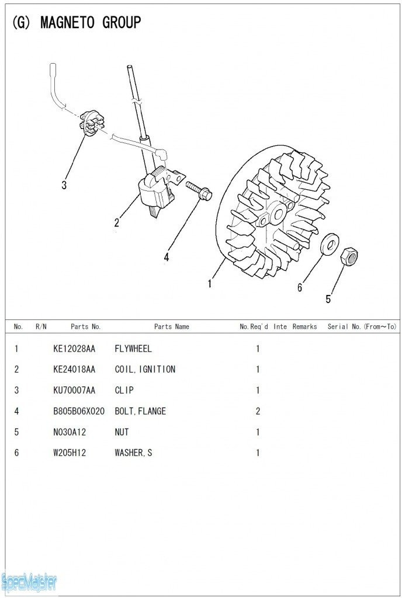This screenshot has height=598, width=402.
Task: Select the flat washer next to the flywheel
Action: click(x=330, y=244)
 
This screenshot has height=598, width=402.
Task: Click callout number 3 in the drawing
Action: click(x=64, y=185)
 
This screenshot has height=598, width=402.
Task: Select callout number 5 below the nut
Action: click(x=328, y=299)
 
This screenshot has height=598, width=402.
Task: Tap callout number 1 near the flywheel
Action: click(x=209, y=284)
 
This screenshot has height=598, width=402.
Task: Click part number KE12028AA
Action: click(x=74, y=349)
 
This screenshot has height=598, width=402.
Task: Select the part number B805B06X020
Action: click(x=78, y=411)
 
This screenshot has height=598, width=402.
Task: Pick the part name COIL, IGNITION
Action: click(x=145, y=369)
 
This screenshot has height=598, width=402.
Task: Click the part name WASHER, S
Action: click(x=133, y=453)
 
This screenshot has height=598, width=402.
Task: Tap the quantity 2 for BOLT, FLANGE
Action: click(x=258, y=411)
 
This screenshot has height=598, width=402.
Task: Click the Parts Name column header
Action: click(x=172, y=326)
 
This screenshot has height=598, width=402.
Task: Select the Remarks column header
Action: click(x=305, y=326)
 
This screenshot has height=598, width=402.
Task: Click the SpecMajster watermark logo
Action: click(x=29, y=582)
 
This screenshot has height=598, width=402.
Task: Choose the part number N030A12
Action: click(x=70, y=432)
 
